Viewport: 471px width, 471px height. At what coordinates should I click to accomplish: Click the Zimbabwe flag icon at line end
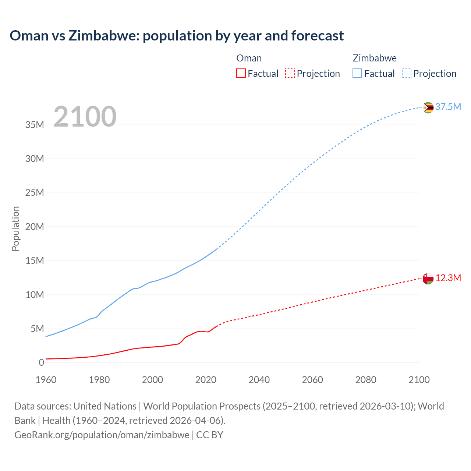point(428,107)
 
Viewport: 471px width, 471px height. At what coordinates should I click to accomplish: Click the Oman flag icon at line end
point(428,279)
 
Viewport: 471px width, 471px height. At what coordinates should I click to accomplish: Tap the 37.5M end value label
point(448,107)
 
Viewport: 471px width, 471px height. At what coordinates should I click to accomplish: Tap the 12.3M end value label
point(448,278)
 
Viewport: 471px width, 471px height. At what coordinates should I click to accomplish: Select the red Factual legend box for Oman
point(241,73)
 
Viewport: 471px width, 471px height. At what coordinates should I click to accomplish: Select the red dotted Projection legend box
point(290,73)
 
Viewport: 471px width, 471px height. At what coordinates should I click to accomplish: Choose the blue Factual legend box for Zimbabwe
point(357,73)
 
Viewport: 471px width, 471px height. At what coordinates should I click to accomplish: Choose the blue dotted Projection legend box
point(406,73)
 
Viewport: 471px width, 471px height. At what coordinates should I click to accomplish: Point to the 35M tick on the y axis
point(35,125)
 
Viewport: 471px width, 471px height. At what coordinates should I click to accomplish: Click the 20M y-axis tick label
point(35,227)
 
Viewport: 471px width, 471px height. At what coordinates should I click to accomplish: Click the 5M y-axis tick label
point(37,329)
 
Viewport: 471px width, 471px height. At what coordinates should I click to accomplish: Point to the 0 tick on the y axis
point(41,362)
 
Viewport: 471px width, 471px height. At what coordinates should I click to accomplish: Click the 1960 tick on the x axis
point(46,380)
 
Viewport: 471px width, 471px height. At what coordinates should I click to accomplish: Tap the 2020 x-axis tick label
point(206,380)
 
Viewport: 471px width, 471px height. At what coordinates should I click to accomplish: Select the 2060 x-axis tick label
point(312,380)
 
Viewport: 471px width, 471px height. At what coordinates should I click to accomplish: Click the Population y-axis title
point(15,229)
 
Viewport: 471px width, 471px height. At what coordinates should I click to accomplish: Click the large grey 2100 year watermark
point(85,117)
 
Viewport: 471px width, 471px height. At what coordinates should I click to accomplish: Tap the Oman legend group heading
point(249,58)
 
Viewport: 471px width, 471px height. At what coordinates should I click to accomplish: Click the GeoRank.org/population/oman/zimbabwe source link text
point(102,435)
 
